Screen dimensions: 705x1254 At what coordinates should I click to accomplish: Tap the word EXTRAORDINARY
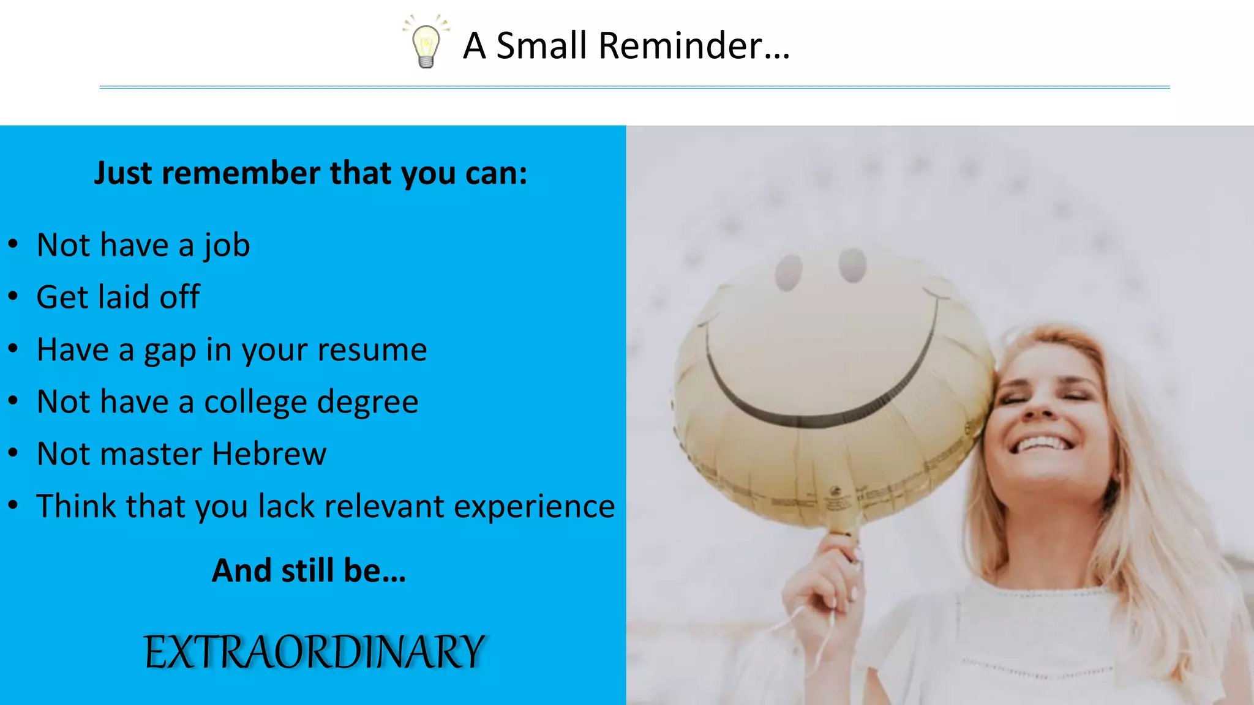point(314,652)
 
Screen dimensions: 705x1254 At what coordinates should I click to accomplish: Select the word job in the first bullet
point(227,246)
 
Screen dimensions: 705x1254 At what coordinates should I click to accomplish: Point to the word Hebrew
point(269,454)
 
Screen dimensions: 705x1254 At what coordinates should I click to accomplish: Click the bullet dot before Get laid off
point(13,297)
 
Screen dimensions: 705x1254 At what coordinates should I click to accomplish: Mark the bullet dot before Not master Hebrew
point(13,453)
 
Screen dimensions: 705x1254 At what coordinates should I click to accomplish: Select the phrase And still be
point(308,570)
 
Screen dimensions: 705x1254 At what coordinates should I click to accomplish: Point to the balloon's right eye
point(852,265)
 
